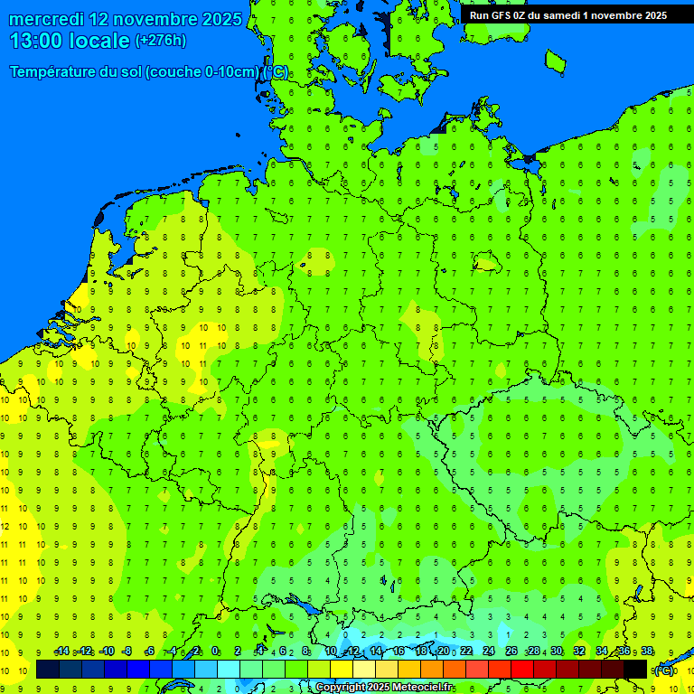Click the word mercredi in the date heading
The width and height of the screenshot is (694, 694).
click(47, 19)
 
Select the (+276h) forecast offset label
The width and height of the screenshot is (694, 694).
click(160, 41)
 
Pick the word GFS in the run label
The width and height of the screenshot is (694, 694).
click(502, 15)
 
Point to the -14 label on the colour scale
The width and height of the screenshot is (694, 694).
click(61, 652)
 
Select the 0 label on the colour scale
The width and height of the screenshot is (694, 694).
click(215, 652)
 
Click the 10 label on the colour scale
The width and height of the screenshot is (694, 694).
click(331, 652)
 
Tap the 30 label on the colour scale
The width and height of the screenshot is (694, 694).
click(557, 652)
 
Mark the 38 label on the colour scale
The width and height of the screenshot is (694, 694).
click(647, 652)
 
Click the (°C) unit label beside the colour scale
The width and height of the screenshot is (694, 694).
click(663, 671)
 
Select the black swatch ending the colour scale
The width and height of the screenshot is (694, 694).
click(635, 670)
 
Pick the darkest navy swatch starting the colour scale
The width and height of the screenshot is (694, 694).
click(48, 670)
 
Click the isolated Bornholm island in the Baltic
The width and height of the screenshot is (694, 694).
click(555, 61)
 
